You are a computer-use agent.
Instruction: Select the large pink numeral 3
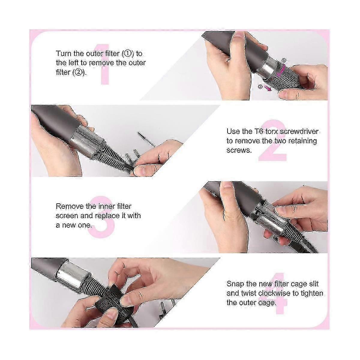point(101,217)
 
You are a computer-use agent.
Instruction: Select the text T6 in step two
point(258,131)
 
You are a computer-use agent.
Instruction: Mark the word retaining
point(303,141)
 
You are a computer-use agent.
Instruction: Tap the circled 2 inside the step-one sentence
point(79,72)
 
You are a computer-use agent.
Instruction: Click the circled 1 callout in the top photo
point(284,60)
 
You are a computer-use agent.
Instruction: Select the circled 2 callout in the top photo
point(260,86)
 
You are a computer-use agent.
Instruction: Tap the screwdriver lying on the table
point(147,139)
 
